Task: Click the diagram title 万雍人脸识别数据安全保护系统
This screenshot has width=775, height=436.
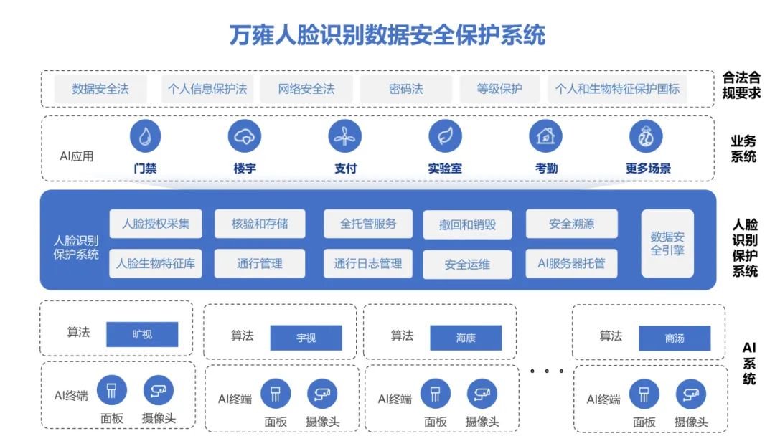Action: [x=387, y=34]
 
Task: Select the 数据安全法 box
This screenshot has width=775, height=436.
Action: [x=100, y=90]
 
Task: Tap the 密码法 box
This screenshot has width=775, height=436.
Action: [x=406, y=90]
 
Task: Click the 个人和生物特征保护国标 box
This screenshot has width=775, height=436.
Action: [x=617, y=90]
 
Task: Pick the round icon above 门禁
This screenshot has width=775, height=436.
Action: [x=145, y=136]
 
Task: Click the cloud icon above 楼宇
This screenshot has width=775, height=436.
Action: [x=245, y=136]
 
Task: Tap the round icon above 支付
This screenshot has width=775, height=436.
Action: [x=345, y=136]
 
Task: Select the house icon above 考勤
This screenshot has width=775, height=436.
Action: [x=545, y=136]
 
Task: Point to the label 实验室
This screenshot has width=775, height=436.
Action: [x=445, y=169]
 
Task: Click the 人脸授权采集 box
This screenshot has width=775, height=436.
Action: [x=156, y=224]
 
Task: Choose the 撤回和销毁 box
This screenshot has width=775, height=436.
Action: [x=467, y=224]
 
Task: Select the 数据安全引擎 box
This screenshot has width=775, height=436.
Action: [x=667, y=244]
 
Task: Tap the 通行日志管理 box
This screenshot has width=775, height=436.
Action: [x=368, y=264]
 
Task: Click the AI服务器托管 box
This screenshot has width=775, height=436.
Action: [x=571, y=264]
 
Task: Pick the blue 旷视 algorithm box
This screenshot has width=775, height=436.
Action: [x=142, y=334]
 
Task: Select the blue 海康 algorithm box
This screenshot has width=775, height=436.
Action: [x=466, y=338]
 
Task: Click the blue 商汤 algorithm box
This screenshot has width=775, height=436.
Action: [x=675, y=338]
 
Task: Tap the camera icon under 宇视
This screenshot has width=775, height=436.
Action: [x=322, y=394]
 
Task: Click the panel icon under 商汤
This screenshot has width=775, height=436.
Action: [x=644, y=394]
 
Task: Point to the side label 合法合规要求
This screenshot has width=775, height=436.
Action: [x=742, y=85]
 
